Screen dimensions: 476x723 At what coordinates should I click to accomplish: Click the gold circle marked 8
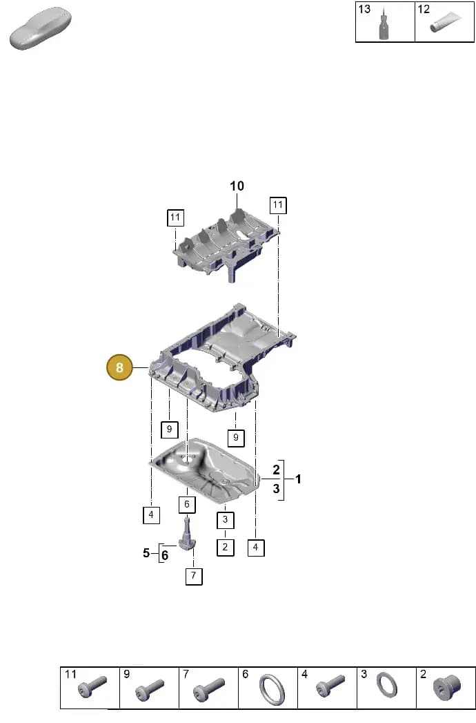click(119, 367)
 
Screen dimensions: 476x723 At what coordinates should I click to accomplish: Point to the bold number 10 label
click(237, 186)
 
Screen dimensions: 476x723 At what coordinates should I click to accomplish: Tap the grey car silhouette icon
click(41, 28)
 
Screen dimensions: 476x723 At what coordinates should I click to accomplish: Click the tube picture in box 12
click(446, 22)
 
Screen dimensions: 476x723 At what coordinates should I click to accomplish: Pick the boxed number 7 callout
click(194, 575)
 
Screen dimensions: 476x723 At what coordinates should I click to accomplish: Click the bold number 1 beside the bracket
click(298, 479)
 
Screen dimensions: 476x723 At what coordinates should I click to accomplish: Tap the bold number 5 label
click(146, 552)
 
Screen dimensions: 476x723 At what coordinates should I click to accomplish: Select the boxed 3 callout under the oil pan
click(226, 520)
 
